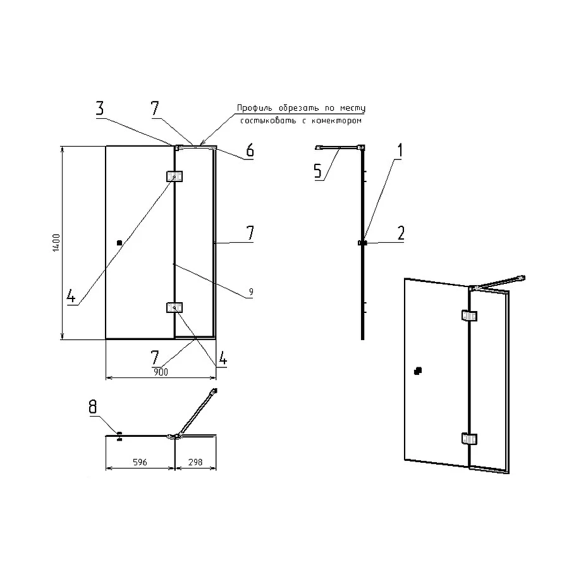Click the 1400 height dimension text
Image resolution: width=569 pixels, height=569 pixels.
pos(56,243)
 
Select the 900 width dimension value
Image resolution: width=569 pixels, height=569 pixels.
pos(161,372)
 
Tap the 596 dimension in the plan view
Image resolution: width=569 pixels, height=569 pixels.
pos(140,462)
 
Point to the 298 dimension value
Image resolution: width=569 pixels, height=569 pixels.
pos(195,462)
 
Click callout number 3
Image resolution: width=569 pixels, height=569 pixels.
pos(100,109)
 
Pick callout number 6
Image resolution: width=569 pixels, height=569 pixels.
pos(250,150)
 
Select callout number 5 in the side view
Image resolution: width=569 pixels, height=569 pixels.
pos(318,171)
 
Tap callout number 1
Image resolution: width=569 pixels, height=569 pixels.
pos(400,150)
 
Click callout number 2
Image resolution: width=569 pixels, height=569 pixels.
pos(401,233)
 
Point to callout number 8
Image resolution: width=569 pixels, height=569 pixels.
pos(93,407)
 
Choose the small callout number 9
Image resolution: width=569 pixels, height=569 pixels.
pos(251,291)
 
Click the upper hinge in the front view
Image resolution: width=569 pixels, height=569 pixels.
pos(174,176)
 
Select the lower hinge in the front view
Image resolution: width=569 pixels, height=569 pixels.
pos(174,308)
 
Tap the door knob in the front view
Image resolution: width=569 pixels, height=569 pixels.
pos(119,243)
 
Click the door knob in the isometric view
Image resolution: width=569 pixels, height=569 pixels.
pos(418,371)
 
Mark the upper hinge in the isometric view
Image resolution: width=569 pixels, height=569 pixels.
pos(469,315)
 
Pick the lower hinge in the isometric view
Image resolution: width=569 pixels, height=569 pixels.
pos(469,439)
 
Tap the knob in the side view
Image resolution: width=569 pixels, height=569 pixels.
pos(362,242)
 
